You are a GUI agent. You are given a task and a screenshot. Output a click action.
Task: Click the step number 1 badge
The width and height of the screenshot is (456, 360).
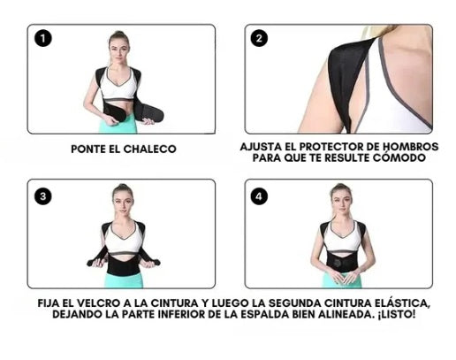(43, 38)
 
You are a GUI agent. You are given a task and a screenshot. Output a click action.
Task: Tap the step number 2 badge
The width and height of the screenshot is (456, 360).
(259, 38)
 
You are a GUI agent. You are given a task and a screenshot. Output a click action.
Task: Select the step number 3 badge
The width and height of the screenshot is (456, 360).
(43, 196)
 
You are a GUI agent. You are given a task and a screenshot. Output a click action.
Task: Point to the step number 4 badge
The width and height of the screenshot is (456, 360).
(259, 196)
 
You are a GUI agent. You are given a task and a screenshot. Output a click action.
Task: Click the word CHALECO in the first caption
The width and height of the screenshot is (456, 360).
(149, 149)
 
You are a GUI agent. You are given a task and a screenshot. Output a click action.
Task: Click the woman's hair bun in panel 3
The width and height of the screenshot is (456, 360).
(123, 188)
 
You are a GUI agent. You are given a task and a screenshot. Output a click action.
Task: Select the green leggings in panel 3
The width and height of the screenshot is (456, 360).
(124, 280)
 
